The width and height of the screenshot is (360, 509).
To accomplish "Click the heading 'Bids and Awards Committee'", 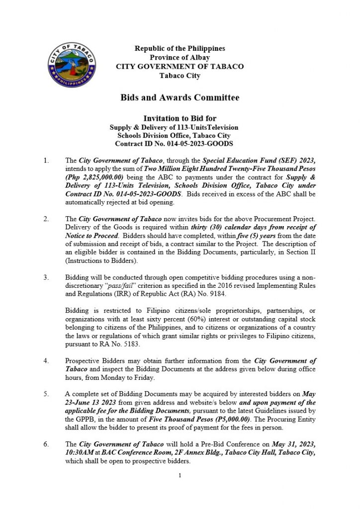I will click(x=180, y=97).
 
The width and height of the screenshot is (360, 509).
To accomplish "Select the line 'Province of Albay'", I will click(x=180, y=58).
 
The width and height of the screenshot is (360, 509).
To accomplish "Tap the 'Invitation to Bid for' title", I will click(x=180, y=118).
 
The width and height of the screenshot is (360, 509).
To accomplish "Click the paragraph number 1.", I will click(x=47, y=161).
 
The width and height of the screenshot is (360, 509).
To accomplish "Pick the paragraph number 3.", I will click(x=47, y=276).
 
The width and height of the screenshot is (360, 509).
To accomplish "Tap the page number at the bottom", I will click(x=180, y=476).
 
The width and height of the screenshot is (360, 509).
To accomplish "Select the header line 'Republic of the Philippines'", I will click(x=180, y=49).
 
